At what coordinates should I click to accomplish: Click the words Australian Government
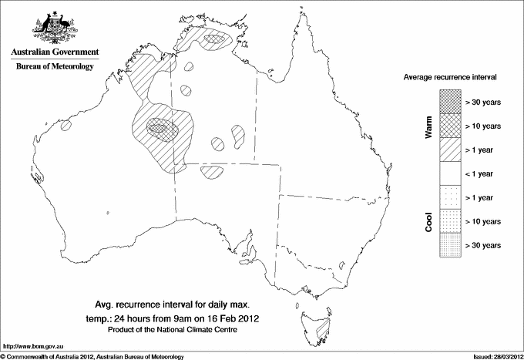[54, 52]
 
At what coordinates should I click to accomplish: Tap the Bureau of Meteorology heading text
[55, 66]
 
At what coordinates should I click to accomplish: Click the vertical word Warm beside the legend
[429, 126]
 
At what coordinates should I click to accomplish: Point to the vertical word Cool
[429, 221]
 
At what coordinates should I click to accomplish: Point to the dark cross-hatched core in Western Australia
[162, 126]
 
